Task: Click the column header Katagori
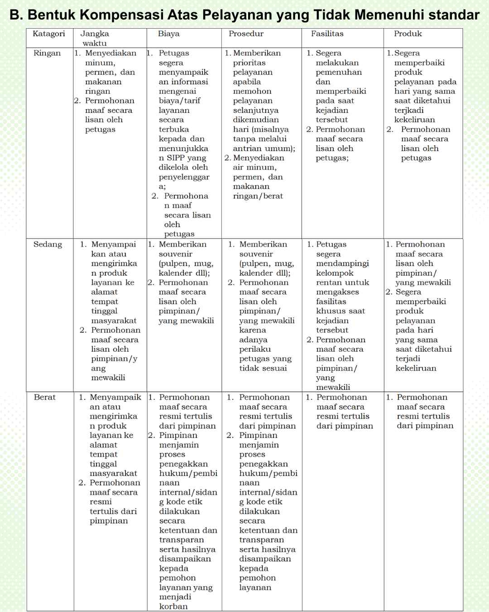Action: point(48,34)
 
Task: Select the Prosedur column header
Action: point(246,34)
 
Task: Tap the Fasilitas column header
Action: point(327,34)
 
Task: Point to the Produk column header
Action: point(407,34)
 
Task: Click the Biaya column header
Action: point(168,34)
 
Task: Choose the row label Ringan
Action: point(47,53)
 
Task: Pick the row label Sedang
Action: point(48,244)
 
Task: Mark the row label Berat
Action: point(44,397)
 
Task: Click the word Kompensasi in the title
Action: point(120,15)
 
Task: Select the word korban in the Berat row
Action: point(173,606)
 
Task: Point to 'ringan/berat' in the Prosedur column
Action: point(258,196)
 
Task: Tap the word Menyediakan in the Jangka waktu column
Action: point(110,53)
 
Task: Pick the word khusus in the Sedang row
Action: point(329,311)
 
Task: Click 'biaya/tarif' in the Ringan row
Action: point(179,101)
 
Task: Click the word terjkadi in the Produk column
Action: point(409,110)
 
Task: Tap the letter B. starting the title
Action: point(16,15)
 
